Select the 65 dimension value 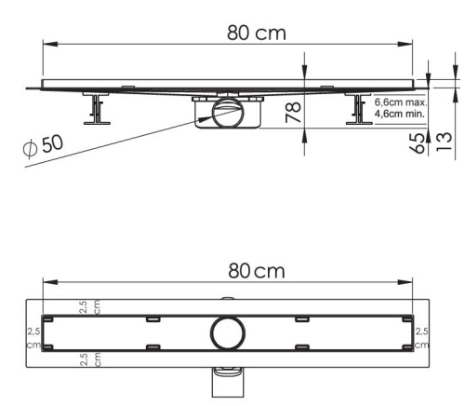click(418, 142)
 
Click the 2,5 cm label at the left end click(33, 337)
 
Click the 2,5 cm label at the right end click(421, 337)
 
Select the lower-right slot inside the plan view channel click(302, 348)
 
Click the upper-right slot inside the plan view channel click(302, 319)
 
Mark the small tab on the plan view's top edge click(226, 299)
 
